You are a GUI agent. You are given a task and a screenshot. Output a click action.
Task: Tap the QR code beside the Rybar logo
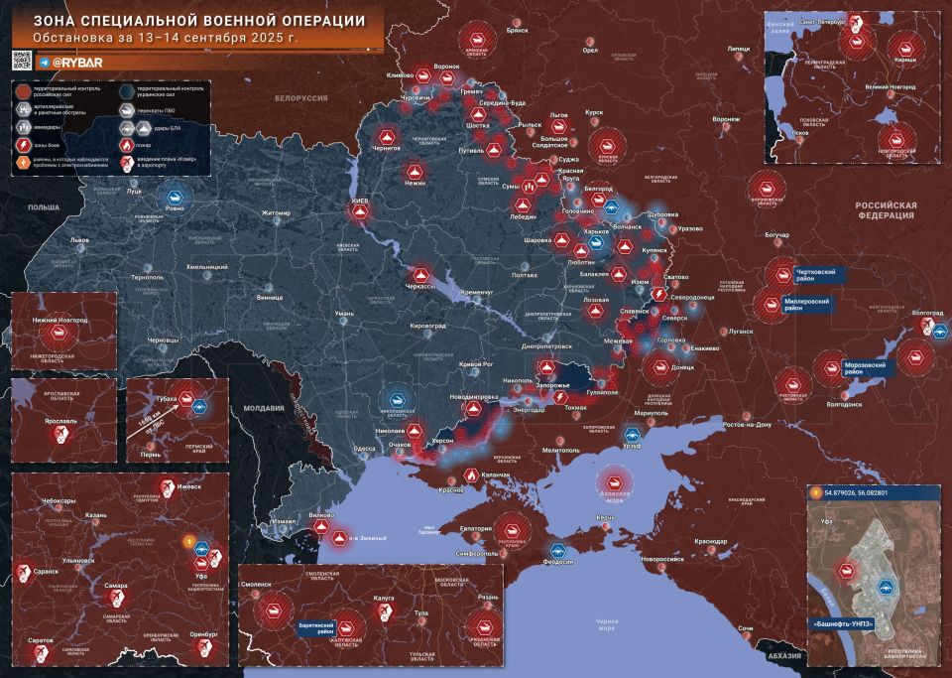pos(21,62)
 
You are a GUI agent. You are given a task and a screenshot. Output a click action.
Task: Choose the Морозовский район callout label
pos(870,366)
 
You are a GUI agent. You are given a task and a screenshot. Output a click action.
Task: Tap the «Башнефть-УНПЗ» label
pos(849,625)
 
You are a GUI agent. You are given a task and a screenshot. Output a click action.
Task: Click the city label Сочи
pos(746,629)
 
